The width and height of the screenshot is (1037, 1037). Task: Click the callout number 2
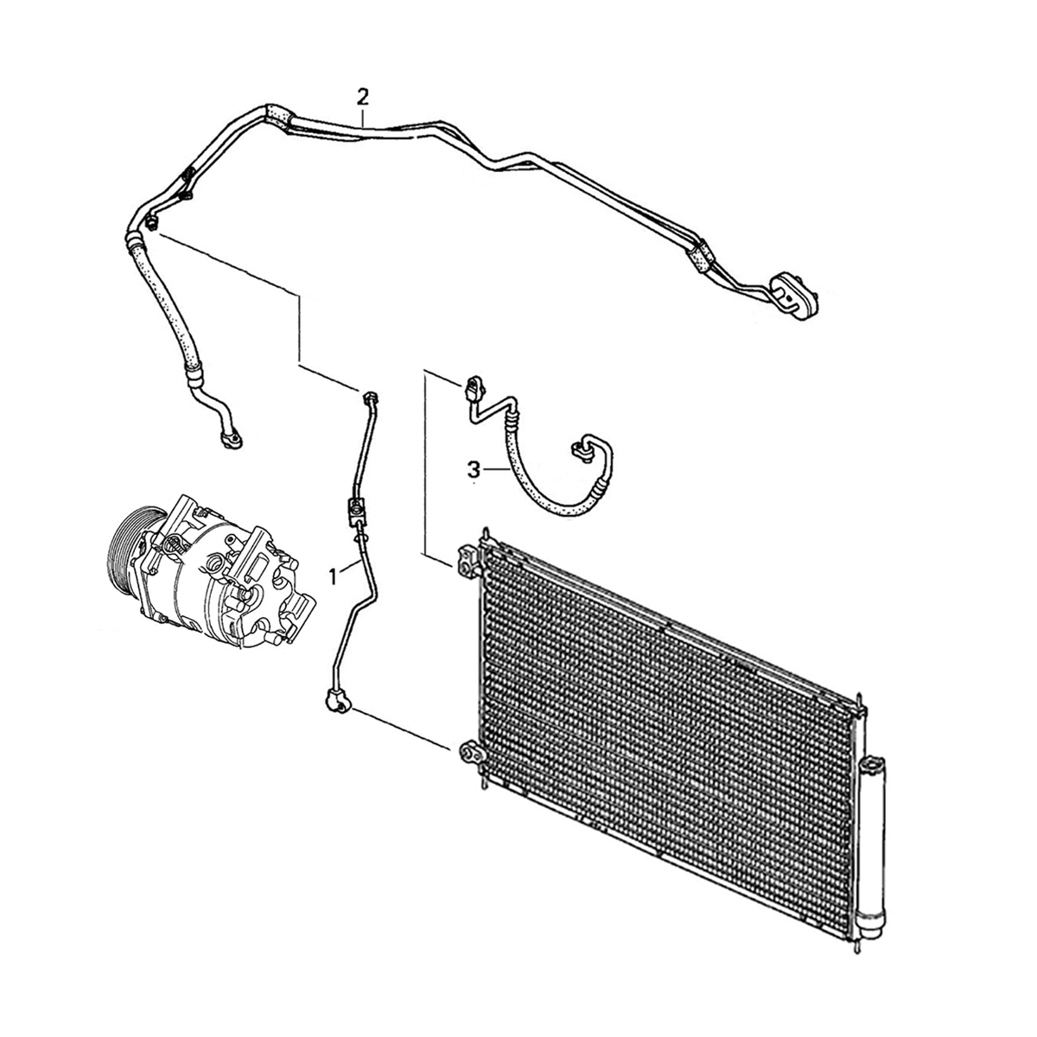pos(363,98)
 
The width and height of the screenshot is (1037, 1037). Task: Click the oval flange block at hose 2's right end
pos(794,296)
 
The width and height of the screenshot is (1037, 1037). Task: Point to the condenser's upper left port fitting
pos(468,563)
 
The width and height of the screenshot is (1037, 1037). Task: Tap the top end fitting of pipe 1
pos(370,398)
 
